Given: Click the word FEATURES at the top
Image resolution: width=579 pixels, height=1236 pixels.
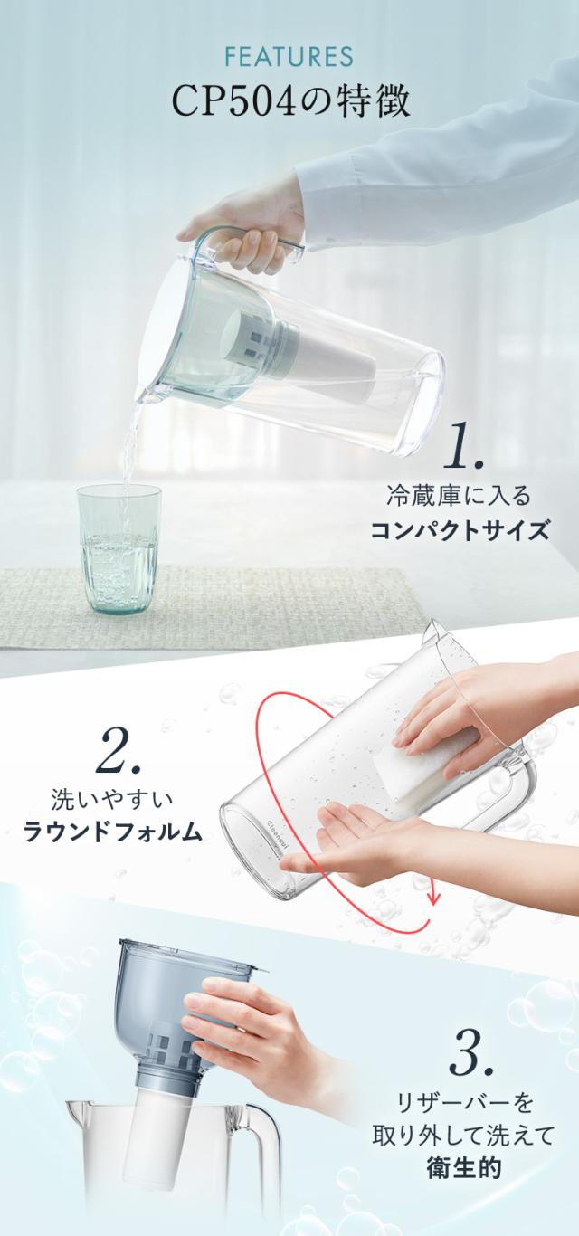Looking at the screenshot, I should click(289, 57).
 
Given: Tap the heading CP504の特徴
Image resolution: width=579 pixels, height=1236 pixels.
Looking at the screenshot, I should click(289, 100).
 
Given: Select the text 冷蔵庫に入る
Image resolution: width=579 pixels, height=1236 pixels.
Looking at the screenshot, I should click(458, 496).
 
